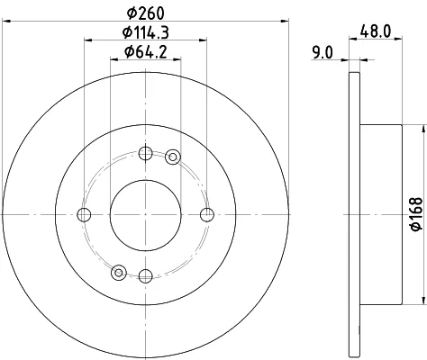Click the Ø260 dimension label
[146, 13]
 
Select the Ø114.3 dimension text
[146, 32]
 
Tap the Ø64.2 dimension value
[146, 52]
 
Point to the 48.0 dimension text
[376, 31]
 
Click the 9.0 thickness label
[323, 53]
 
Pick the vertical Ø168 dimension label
[417, 214]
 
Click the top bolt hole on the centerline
[146, 154]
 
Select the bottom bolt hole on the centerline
[146, 275]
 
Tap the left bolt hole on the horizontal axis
[84, 215]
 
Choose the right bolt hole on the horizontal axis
[207, 215]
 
